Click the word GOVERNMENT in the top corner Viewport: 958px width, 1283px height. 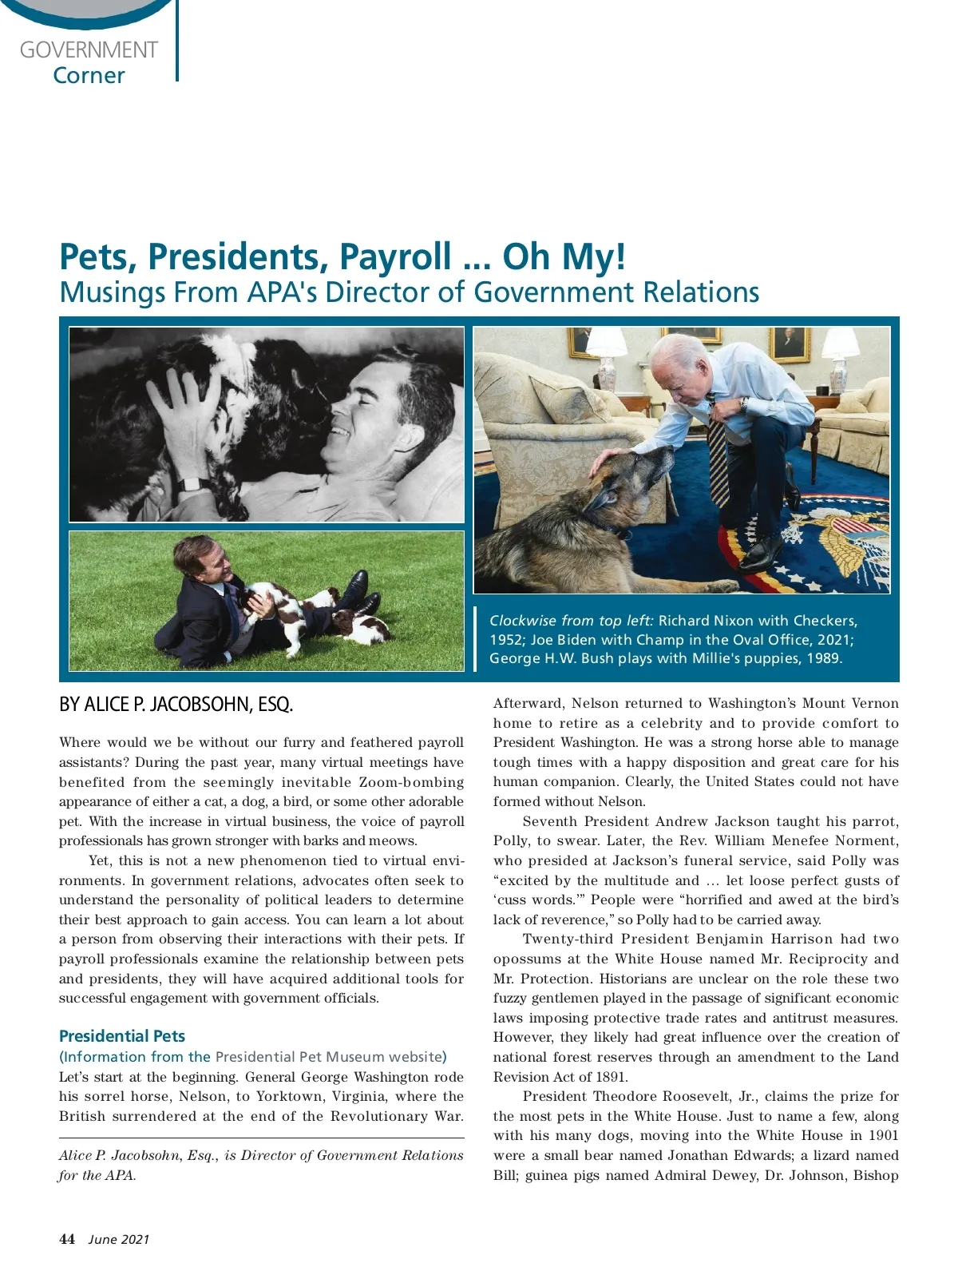(89, 50)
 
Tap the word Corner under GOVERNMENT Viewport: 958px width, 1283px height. (89, 76)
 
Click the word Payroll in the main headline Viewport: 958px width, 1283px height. (396, 257)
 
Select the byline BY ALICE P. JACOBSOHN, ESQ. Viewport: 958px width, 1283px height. (176, 705)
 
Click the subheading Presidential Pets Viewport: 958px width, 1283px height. (122, 1036)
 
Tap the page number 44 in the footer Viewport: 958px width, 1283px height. (67, 1239)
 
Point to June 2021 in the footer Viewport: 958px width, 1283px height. (119, 1240)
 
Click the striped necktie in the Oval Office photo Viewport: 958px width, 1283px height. (718, 455)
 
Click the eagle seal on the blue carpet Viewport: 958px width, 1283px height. (846, 543)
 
